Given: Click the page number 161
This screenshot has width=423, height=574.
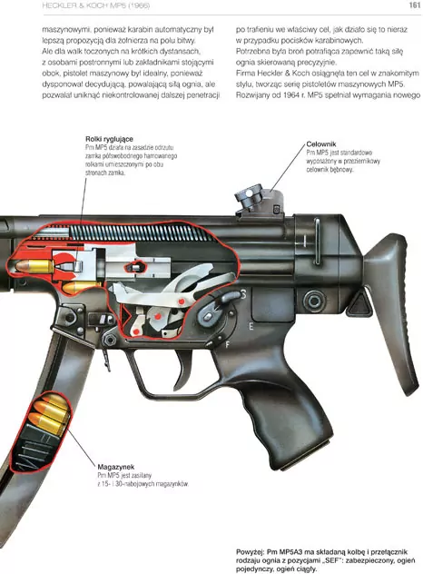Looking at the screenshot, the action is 415,5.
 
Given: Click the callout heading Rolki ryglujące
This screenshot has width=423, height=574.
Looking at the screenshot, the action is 109,139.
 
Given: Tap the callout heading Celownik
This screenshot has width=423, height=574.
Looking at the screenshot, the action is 321,144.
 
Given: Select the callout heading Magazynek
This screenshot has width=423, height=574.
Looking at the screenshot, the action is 115,467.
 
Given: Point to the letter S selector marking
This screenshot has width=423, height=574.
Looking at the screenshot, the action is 243,294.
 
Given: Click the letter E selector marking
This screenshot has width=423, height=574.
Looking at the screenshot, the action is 251,326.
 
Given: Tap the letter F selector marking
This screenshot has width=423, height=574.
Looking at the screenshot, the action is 227,344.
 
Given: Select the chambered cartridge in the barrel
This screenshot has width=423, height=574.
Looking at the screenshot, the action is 34,266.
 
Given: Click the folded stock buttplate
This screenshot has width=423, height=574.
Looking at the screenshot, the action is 392,312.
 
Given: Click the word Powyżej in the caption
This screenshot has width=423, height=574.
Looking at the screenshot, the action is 250,552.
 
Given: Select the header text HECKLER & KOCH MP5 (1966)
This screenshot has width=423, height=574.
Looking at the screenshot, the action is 96,5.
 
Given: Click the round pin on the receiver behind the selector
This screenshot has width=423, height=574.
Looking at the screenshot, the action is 314,301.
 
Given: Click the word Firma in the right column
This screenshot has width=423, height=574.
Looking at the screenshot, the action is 245,74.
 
